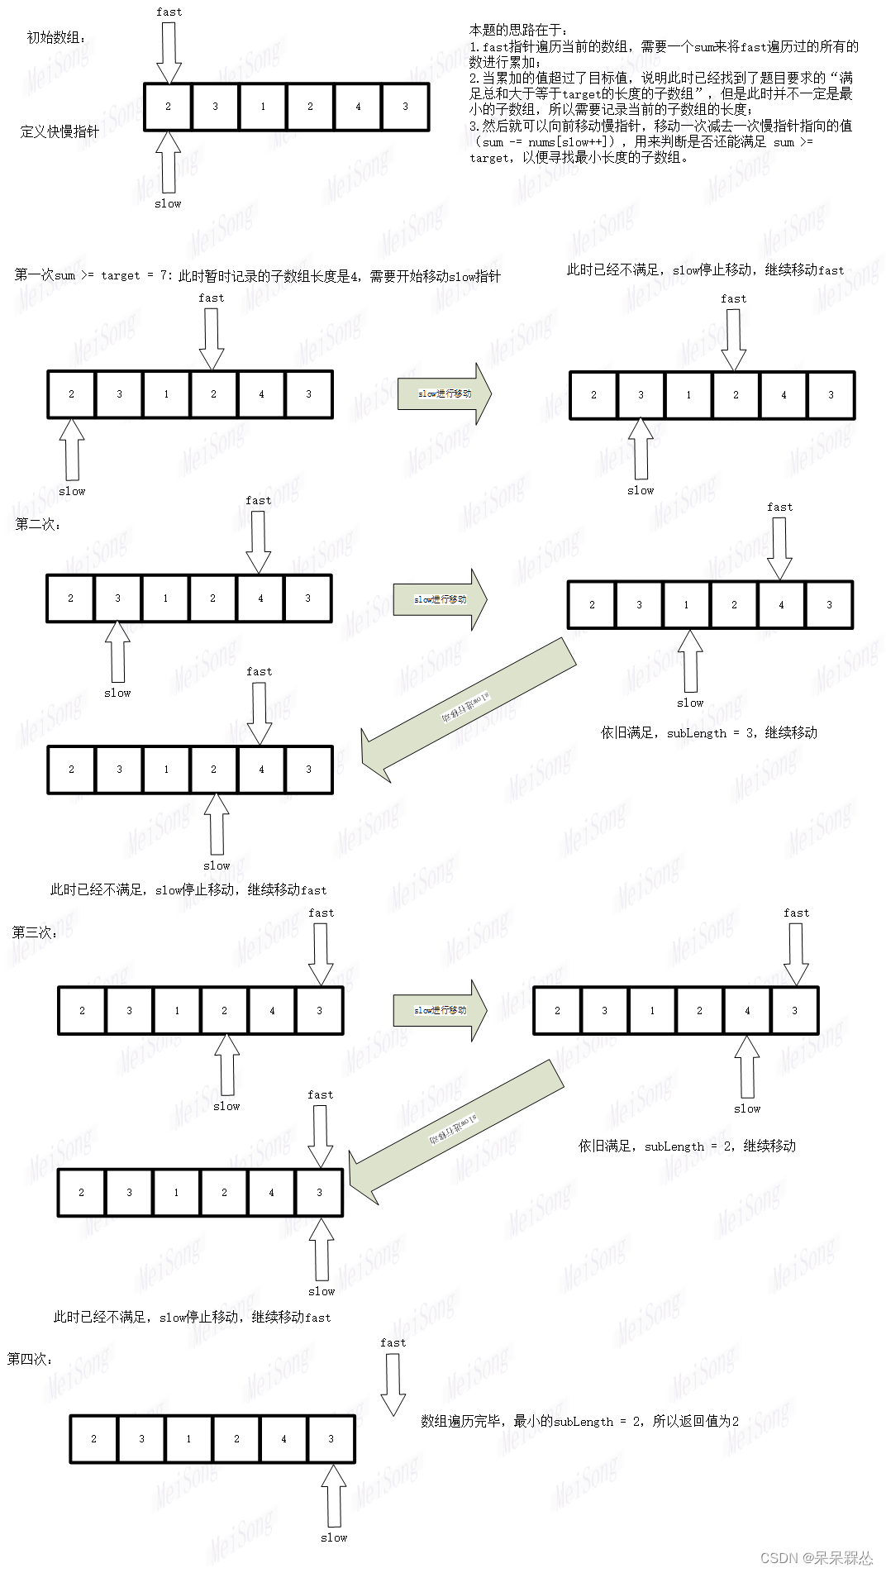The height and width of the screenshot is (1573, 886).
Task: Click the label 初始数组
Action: point(56,38)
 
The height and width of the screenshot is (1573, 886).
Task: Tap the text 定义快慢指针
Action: point(60,131)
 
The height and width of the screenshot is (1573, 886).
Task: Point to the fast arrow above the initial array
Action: point(169,51)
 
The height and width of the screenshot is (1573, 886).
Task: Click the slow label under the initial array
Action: point(168,203)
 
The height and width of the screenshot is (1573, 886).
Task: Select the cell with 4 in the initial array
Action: point(358,107)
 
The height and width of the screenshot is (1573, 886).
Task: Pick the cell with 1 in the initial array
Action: point(263,107)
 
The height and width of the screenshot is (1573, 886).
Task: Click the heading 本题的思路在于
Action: point(519,31)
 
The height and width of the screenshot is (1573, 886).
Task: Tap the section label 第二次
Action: point(38,524)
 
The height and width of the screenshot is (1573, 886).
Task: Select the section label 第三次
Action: point(35,932)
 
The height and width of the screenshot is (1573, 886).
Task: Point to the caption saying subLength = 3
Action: point(708,732)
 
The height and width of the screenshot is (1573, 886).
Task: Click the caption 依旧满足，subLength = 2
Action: point(687,1146)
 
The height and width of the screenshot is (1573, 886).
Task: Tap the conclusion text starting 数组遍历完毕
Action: point(579,1421)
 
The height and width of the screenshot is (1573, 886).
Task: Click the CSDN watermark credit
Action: point(816,1557)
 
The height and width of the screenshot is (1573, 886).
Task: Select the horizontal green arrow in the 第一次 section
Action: point(445,393)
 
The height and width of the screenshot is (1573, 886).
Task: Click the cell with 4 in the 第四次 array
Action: point(283,1439)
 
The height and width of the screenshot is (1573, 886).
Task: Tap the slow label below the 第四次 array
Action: point(334,1537)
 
